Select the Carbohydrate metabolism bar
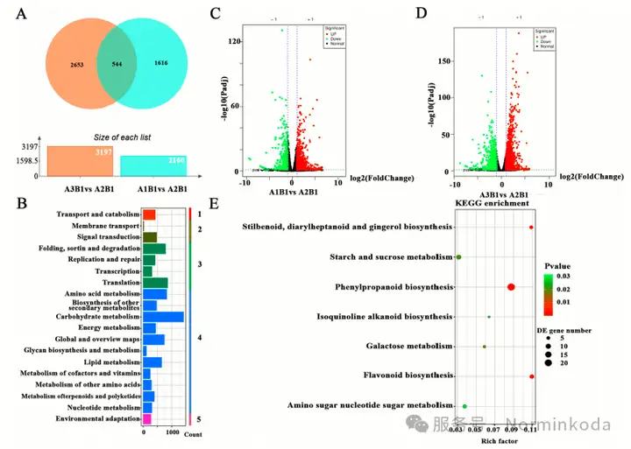[x=163, y=316]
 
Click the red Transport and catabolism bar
[x=149, y=214]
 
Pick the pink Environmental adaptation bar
[x=147, y=419]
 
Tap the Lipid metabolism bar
[x=152, y=362]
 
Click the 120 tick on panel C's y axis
[x=235, y=42]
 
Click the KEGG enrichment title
[x=492, y=203]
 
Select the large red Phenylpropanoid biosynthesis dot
[x=511, y=287]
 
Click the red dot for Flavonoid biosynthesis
[x=532, y=376]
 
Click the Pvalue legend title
[x=571, y=263]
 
